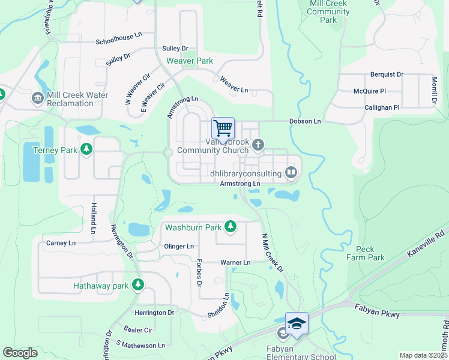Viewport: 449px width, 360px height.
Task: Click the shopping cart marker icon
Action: click(x=223, y=128)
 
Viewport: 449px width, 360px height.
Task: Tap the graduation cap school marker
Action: click(x=297, y=323)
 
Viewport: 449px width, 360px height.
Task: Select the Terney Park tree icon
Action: click(x=86, y=149)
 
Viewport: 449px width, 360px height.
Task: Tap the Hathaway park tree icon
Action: click(x=138, y=284)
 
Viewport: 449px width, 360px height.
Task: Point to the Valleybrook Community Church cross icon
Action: click(x=258, y=144)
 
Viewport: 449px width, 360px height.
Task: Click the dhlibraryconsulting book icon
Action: click(x=291, y=173)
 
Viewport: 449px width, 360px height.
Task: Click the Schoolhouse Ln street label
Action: click(x=119, y=42)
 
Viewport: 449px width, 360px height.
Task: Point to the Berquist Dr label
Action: click(x=387, y=74)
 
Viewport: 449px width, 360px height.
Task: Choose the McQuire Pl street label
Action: click(x=369, y=91)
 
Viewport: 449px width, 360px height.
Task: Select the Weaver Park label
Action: click(x=190, y=61)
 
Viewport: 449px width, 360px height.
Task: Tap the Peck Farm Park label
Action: click(x=366, y=253)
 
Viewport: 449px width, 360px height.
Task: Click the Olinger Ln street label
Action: click(x=179, y=247)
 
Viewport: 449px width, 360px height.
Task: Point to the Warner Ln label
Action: click(x=235, y=263)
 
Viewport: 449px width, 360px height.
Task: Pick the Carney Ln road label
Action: click(x=61, y=243)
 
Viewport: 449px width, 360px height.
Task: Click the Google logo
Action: click(x=20, y=353)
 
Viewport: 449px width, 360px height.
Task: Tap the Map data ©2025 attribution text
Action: click(x=423, y=355)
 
